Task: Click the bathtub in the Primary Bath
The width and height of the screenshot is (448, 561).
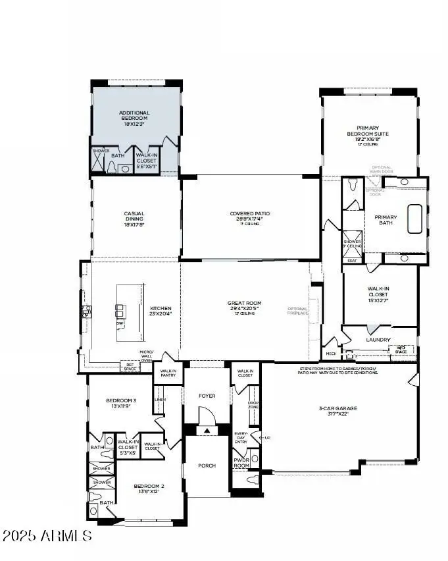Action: tap(414, 219)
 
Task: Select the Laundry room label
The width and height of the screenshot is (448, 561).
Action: tap(378, 340)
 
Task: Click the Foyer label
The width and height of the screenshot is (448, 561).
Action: tap(207, 396)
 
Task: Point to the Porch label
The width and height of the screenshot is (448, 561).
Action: tap(207, 466)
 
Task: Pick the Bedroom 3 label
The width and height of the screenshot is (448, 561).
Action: tap(121, 403)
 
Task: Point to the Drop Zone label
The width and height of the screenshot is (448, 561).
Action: tap(253, 404)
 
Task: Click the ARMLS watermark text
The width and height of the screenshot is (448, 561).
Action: tap(47, 535)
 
